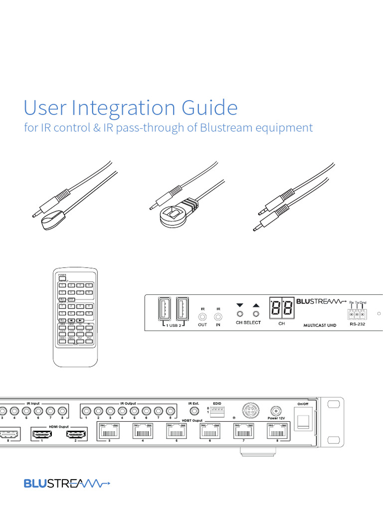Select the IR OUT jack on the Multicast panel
tap(202, 315)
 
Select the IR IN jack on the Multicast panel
tap(218, 315)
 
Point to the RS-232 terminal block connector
tap(357, 314)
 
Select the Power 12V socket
tap(276, 410)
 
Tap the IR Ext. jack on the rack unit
tap(193, 412)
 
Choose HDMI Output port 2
tap(75, 434)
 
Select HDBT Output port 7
tap(243, 432)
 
